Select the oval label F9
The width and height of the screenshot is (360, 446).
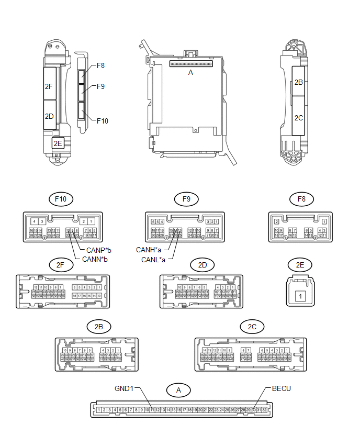186,199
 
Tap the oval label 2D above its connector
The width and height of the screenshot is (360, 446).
203,265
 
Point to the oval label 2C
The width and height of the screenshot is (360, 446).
252,327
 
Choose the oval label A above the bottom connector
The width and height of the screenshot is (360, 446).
178,390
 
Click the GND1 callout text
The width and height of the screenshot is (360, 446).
125,389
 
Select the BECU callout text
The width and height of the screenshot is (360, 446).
281,389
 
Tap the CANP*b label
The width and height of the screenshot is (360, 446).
98,251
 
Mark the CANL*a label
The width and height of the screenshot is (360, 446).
153,260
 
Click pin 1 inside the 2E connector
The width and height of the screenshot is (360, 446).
300,296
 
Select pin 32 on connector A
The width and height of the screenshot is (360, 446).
264,409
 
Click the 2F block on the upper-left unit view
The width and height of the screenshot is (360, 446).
49,84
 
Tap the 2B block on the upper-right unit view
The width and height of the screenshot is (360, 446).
298,82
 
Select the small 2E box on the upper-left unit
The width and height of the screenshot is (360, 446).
58,143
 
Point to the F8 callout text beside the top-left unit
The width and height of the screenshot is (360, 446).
100,66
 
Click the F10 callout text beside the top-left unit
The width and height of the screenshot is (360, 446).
102,121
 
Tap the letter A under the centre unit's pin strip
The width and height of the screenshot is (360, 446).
190,73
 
